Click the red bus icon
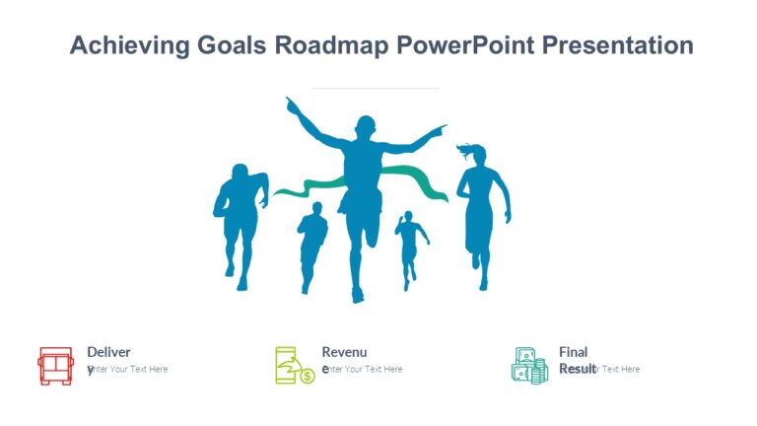pos(55,366)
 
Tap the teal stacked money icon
pos(529,366)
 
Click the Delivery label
pos(108,352)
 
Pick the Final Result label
pos(574,352)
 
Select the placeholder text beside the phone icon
pos(365,370)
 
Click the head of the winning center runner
pos(365,129)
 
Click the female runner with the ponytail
pos(481,212)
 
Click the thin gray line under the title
pos(375,88)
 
